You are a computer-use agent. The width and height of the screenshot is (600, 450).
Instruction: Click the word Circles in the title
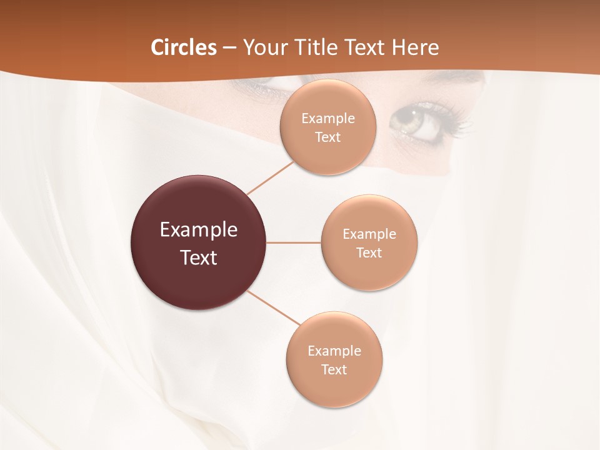click(x=183, y=47)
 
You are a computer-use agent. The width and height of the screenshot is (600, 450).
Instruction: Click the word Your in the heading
click(x=264, y=47)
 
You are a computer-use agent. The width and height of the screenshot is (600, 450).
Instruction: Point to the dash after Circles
click(x=229, y=48)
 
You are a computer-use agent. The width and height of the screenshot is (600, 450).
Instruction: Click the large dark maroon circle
click(x=198, y=242)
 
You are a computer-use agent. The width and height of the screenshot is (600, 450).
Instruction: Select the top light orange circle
click(x=327, y=127)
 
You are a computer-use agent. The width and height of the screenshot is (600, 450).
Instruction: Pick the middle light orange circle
click(x=369, y=242)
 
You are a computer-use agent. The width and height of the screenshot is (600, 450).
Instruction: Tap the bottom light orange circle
click(x=334, y=359)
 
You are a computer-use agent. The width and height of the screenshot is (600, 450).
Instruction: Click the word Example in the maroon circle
click(x=198, y=230)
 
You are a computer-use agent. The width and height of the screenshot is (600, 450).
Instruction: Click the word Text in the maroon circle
click(x=198, y=257)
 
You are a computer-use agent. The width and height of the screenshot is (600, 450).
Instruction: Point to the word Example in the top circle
click(x=327, y=119)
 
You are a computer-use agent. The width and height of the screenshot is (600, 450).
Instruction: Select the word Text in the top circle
click(x=327, y=137)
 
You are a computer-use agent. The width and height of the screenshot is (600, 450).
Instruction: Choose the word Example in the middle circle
click(x=369, y=234)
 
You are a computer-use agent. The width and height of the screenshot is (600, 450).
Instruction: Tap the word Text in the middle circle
click(x=369, y=253)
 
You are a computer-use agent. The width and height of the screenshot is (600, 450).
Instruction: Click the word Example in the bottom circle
click(x=334, y=351)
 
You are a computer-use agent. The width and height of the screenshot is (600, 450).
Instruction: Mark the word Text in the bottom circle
click(x=334, y=370)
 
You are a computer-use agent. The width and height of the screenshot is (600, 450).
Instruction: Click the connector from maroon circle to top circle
click(x=270, y=177)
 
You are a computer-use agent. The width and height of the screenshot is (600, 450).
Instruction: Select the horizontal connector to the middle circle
click(x=294, y=242)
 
